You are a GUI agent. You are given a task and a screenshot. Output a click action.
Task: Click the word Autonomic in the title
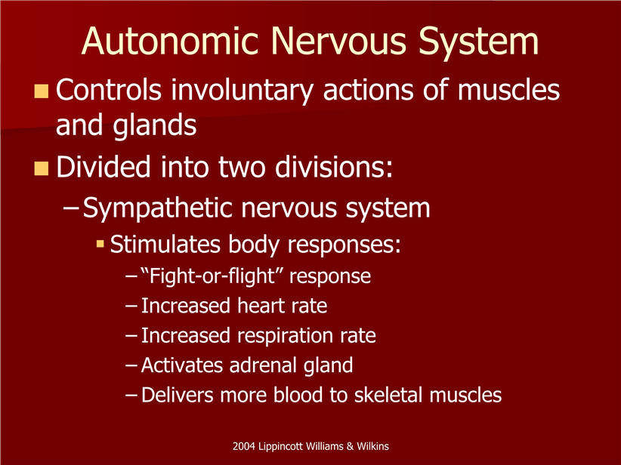tap(170, 42)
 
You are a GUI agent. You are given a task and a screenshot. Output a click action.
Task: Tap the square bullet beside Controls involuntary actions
tap(42, 91)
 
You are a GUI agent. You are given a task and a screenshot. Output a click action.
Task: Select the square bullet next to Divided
tap(42, 168)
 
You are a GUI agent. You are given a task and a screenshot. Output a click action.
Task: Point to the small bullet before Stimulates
tap(100, 244)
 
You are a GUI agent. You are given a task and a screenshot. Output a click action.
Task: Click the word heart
tap(261, 306)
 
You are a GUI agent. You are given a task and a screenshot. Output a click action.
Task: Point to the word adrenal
tap(263, 365)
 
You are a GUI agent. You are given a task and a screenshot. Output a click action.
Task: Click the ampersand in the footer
tap(350, 446)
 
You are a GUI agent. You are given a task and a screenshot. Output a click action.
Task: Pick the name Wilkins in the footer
tap(372, 446)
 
